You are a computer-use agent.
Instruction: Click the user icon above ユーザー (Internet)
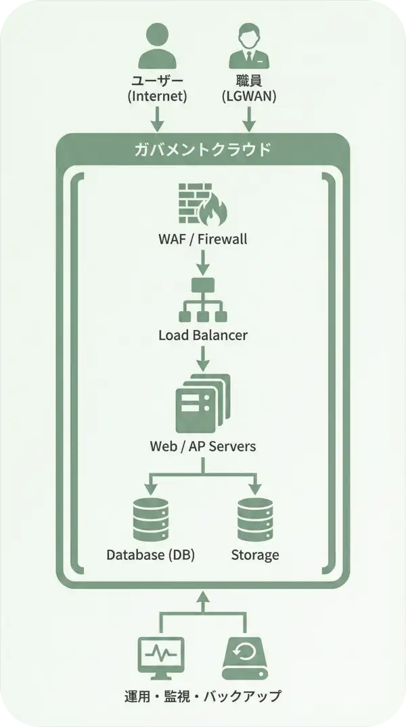point(157,45)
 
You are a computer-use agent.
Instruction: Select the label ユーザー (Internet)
point(157,88)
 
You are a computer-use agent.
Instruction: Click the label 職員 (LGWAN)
point(248,88)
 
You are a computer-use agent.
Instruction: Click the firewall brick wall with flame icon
point(202,204)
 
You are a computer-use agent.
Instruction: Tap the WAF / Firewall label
point(202,239)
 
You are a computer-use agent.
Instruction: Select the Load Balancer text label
point(202,335)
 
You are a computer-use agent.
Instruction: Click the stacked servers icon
point(202,403)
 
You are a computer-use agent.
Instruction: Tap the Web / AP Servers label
point(202,446)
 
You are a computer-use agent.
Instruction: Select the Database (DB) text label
point(150,555)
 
